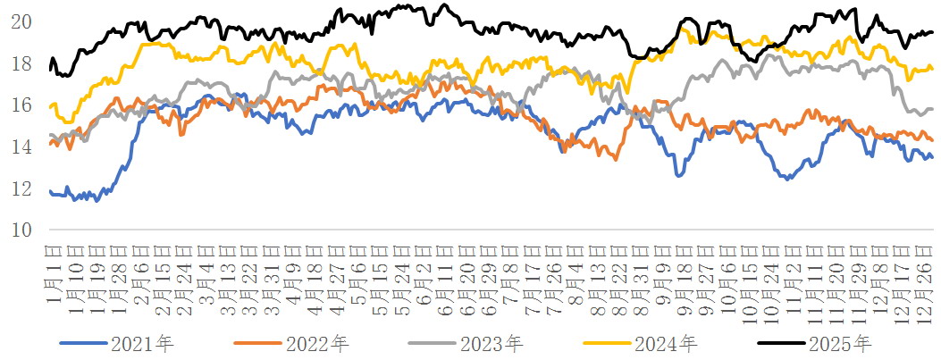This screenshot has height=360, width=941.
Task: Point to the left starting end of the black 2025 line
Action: point(51,68)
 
